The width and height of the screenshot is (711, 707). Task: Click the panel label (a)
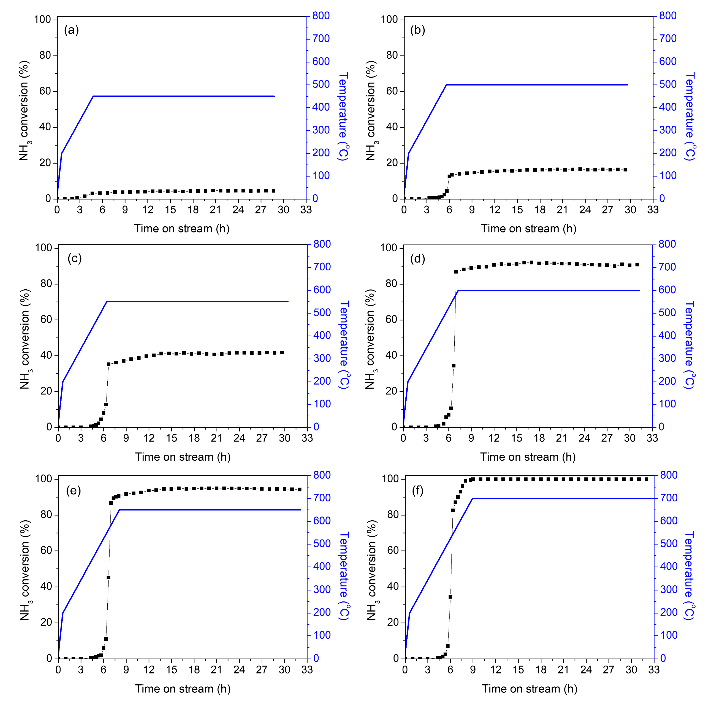click(x=71, y=30)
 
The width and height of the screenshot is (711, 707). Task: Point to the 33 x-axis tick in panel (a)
click(x=306, y=210)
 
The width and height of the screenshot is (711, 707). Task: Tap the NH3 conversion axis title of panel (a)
click(x=24, y=110)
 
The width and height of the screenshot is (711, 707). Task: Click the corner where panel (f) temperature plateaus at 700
click(x=472, y=499)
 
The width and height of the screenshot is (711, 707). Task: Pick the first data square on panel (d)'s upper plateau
click(x=456, y=272)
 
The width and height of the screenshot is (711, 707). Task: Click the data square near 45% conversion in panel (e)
click(x=108, y=577)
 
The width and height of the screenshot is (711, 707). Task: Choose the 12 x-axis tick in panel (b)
click(x=495, y=210)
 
